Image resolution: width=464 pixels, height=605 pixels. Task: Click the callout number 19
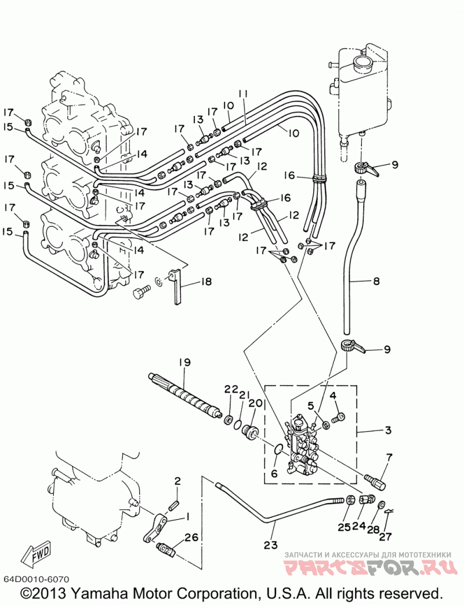point(185,363)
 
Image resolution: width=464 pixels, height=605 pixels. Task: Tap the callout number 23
point(271,545)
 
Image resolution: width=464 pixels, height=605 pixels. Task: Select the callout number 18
point(206,282)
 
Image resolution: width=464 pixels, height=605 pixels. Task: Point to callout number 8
point(376,281)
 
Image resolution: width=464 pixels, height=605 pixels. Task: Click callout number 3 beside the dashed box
point(388,430)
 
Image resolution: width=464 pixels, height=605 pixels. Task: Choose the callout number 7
point(389,458)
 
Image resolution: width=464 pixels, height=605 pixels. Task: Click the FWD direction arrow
point(37,554)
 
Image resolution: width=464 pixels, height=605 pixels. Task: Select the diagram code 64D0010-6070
point(37,580)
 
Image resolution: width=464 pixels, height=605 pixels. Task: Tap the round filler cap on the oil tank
point(362,61)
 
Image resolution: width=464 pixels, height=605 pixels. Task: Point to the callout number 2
point(177,481)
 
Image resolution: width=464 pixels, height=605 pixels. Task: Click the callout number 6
point(274,473)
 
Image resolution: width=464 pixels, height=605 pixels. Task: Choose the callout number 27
point(385,537)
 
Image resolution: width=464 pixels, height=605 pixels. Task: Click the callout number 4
point(333,396)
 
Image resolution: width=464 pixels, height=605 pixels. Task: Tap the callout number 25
point(345,527)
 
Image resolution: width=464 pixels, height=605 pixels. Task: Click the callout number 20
point(256,403)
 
